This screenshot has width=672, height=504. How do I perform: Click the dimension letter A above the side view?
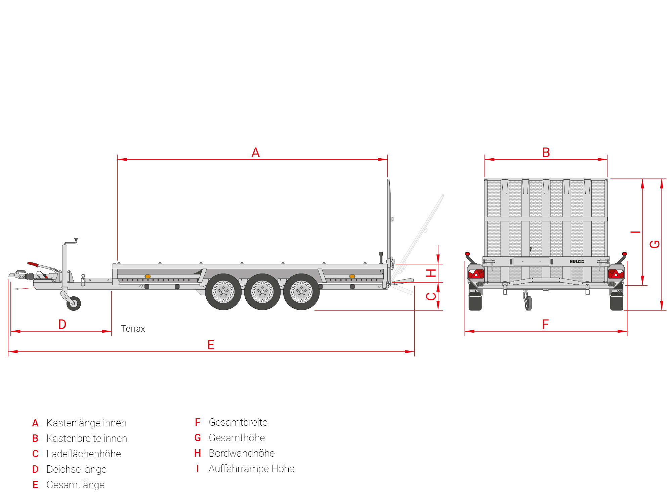255,153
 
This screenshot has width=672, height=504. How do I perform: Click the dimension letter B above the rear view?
546,153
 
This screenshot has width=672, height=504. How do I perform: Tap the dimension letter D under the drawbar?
62,324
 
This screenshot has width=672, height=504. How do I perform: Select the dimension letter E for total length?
211,345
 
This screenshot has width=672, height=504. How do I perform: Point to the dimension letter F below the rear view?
545,324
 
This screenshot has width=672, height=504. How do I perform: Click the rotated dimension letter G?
655,244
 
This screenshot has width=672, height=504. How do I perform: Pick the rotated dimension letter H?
431,273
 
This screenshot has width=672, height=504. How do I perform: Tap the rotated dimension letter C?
431,296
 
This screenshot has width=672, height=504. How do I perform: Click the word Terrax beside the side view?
133,329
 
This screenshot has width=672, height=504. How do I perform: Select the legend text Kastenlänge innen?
86,423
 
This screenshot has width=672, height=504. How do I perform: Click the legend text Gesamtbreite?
238,422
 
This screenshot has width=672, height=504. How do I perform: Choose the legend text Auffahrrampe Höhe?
251,469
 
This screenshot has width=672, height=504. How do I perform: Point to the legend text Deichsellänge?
76,469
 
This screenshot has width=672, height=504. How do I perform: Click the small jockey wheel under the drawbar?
74,303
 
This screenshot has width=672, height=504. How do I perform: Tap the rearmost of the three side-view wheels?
301,292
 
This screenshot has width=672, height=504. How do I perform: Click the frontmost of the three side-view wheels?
223,292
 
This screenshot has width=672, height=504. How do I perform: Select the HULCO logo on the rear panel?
577,261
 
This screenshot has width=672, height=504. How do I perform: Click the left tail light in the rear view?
476,273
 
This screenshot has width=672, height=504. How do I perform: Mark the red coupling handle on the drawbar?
33,264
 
